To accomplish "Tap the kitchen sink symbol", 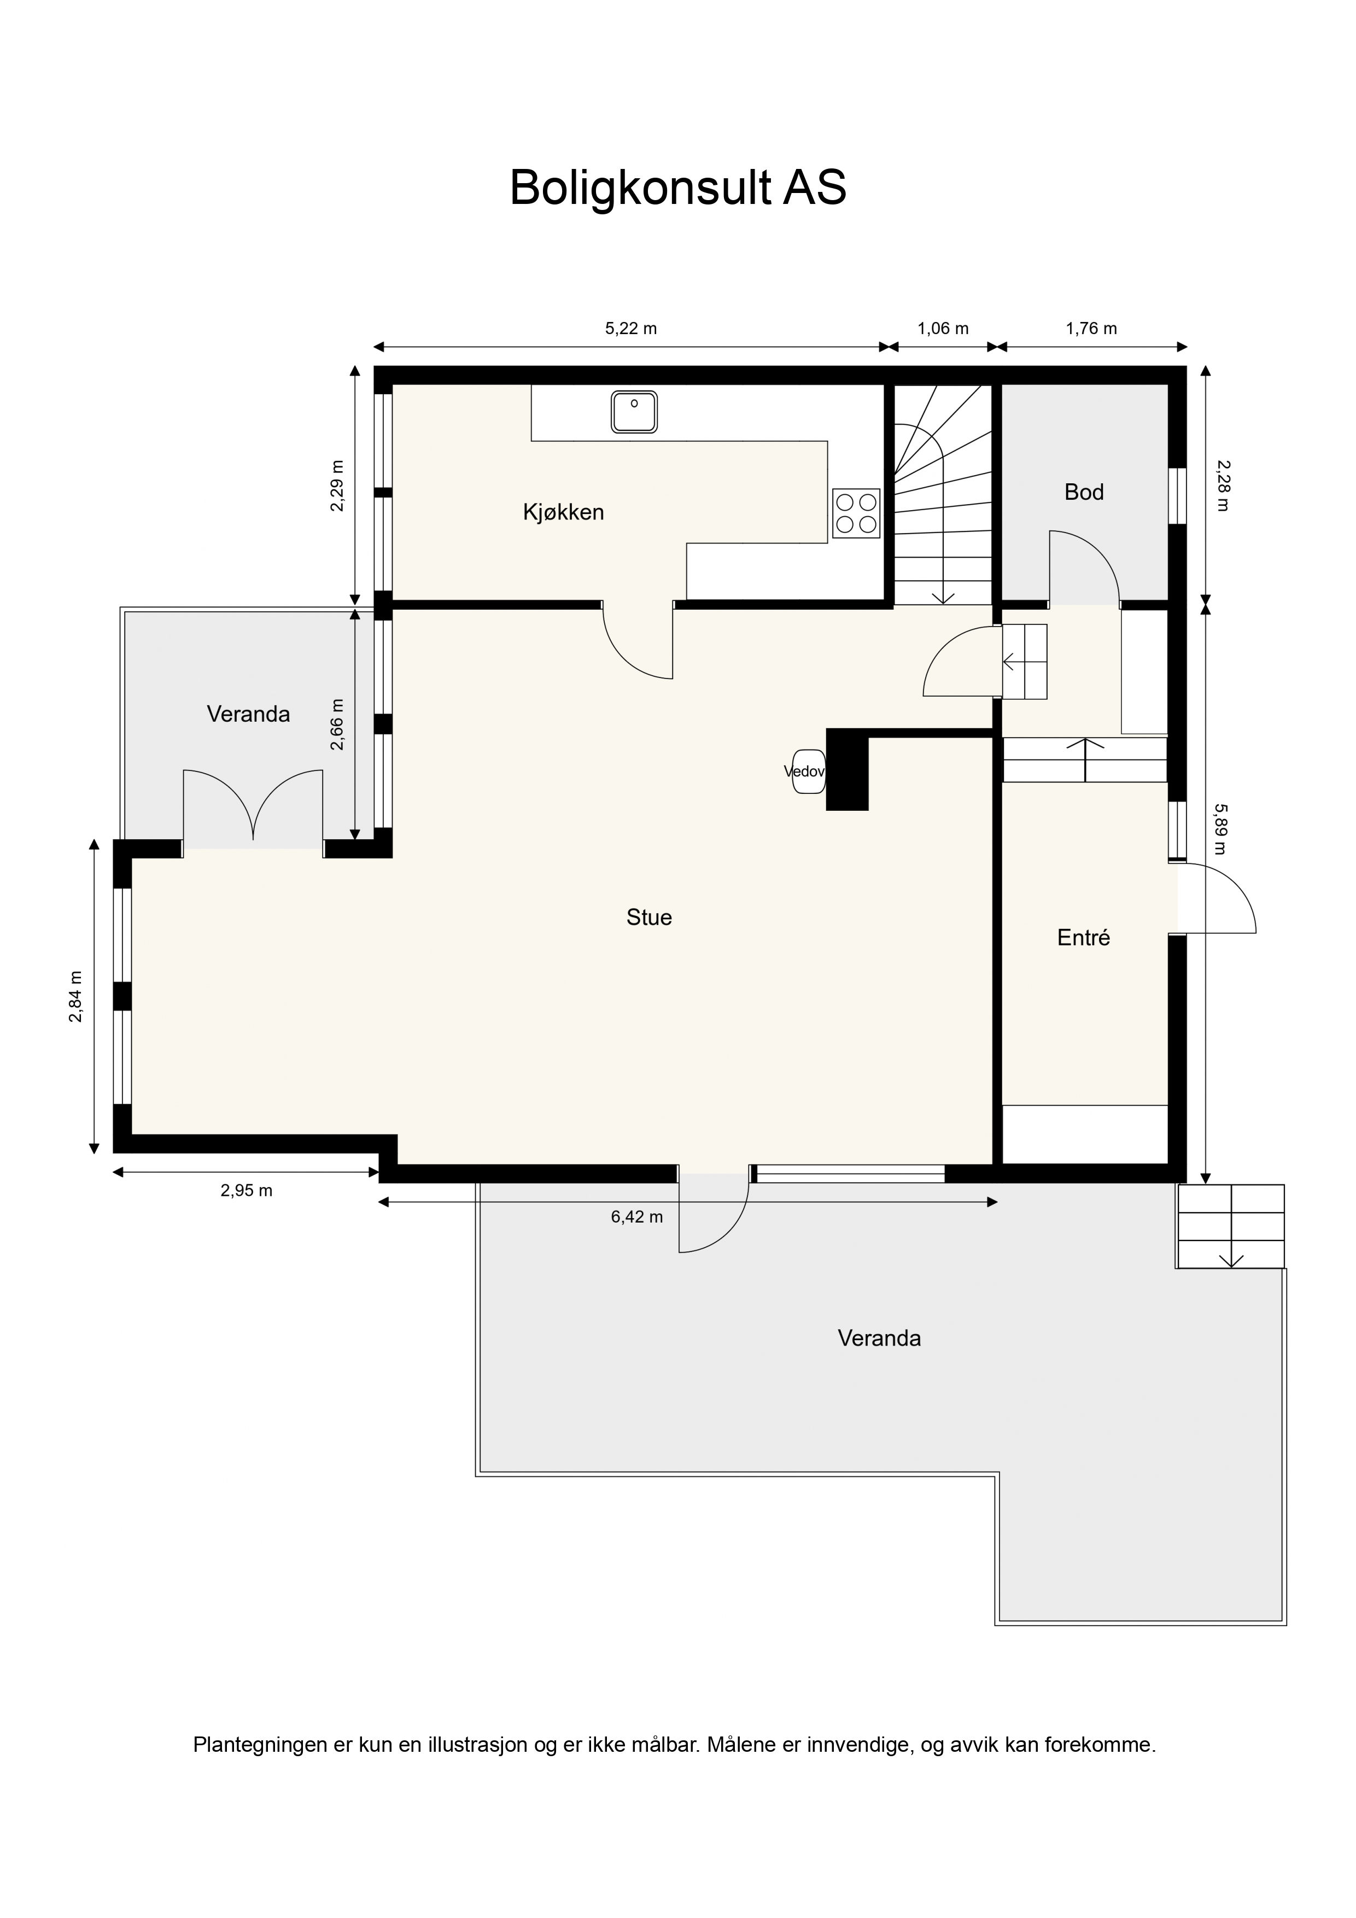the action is coord(634,412).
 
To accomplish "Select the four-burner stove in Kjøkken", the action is coord(856,513).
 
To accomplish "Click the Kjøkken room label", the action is coord(563,512).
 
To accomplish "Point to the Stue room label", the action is coord(649,917).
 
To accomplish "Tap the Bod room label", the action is coord(1084,492).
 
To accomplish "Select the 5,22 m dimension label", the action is coord(631,328).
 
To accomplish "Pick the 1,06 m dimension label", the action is coord(943,328).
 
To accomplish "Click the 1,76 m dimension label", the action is coord(1091,328).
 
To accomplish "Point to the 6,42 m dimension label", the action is coord(636,1217).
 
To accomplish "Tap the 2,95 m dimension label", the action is coord(247,1190).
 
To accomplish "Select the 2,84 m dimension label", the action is coord(76,997).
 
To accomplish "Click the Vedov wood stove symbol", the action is coord(806,771).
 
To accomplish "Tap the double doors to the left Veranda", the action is coord(253,809).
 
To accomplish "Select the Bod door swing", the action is coord(1084,567).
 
